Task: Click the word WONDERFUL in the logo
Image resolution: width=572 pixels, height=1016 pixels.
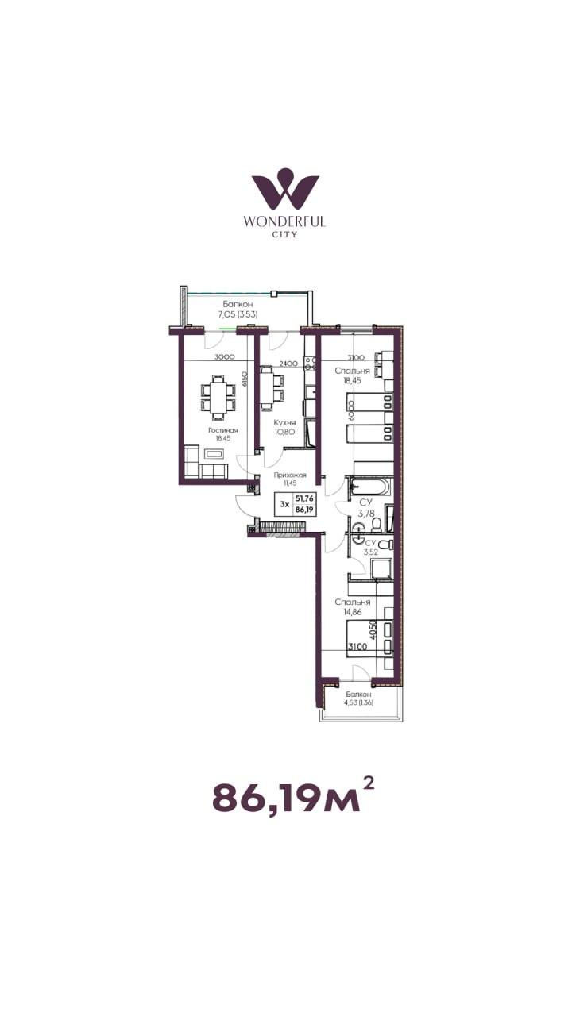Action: [x=284, y=221]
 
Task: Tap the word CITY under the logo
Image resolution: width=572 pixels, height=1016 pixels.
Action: [x=284, y=234]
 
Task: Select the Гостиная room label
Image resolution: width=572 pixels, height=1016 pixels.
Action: [x=223, y=430]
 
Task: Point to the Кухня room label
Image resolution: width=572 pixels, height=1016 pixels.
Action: [x=284, y=422]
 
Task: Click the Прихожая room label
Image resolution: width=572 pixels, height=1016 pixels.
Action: [x=290, y=475]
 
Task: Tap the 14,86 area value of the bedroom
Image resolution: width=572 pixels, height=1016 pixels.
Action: [x=352, y=612]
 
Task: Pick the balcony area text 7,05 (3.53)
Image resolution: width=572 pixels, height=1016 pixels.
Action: [x=238, y=314]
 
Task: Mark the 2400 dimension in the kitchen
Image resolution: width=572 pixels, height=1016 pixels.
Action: [x=288, y=364]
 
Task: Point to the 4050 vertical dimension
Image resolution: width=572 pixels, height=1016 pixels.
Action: [x=373, y=629]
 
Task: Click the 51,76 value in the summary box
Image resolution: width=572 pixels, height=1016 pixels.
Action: [x=304, y=498]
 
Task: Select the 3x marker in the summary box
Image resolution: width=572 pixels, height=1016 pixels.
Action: [x=284, y=504]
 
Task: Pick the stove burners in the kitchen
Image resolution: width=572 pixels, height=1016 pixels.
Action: [x=311, y=362]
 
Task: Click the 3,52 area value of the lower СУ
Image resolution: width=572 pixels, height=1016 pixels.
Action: [x=370, y=552]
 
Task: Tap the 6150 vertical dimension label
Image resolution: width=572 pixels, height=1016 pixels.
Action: [x=244, y=379]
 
